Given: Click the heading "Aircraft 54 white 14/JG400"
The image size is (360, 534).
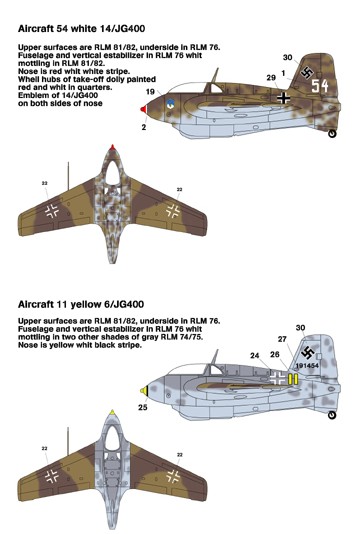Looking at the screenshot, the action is point(81,29).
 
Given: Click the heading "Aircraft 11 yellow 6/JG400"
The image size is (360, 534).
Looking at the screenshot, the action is point(81,304).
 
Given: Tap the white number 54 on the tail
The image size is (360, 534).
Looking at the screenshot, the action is point(320,86).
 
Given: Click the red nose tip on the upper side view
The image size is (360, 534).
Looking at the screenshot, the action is point(144,109).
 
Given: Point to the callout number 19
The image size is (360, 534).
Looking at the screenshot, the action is point(150,92).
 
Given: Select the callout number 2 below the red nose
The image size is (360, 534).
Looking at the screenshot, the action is point(144,127).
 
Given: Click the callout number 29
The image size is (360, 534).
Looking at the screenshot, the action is point(271,78).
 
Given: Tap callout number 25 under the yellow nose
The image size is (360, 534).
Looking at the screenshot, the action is point(143,407).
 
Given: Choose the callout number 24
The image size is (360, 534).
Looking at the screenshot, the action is point(255,356).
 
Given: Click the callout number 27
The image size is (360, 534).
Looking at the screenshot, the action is point(282,339).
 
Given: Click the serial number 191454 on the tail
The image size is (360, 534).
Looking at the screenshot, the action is point(308,365).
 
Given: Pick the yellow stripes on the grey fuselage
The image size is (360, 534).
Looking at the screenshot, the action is point(293,379).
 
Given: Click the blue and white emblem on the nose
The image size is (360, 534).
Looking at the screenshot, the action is point(170,103).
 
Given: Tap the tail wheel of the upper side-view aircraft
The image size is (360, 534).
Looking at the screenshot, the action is point(332,134).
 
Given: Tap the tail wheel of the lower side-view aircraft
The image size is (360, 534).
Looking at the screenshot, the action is point(332,415).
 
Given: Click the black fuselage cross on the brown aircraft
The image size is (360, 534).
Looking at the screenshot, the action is point(283,98).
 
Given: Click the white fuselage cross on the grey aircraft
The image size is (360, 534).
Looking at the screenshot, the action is point(278,378).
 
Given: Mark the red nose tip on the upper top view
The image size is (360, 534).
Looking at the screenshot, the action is point(112,147).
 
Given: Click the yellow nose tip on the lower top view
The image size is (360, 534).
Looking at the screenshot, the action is point(112,412).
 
